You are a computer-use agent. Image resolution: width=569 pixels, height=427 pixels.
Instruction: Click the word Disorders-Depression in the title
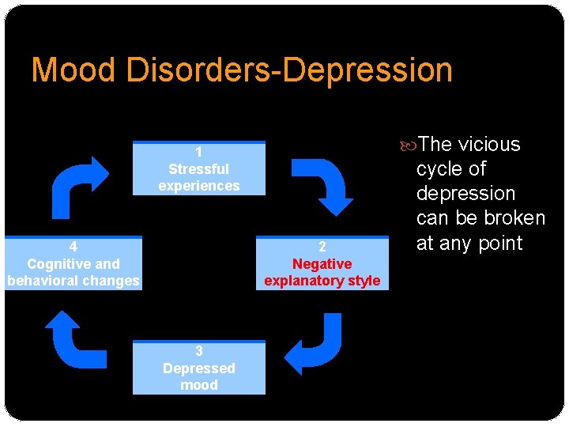coord(287,70)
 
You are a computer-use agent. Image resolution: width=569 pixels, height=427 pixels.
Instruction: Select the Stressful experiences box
coord(199,168)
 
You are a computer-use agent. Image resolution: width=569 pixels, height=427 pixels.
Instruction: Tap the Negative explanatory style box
coord(322,263)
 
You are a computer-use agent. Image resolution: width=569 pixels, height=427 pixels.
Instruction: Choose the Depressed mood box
coord(199,368)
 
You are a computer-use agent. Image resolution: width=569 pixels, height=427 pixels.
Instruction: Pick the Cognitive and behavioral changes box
coord(73,263)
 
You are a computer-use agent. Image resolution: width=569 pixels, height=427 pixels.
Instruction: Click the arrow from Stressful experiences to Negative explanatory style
coord(323,184)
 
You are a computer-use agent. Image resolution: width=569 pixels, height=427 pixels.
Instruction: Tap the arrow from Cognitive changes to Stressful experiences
coord(80,185)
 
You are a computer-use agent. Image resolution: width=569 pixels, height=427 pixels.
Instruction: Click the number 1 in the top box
coord(199,152)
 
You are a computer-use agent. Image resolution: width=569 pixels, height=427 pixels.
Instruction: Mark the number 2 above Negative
coord(322,248)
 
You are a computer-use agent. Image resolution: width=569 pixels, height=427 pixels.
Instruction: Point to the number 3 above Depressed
coord(199,351)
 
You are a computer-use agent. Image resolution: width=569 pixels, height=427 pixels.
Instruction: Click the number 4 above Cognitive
coord(73,247)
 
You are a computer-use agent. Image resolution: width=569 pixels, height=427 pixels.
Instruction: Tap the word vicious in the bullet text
coord(490,145)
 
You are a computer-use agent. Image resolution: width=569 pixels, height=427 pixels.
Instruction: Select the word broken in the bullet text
coord(513,218)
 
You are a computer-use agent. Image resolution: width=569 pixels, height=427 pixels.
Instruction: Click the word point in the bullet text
coord(498,244)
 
